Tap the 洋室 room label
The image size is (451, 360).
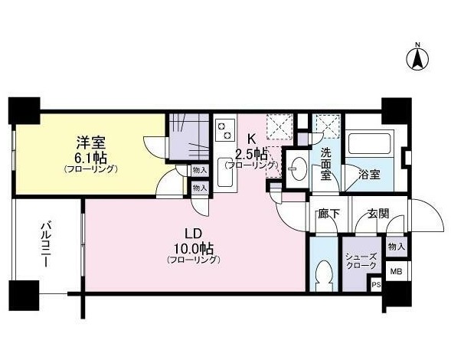(91, 142)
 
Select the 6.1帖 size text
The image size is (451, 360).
(91, 158)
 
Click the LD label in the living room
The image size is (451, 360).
(193, 234)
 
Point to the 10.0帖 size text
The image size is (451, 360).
(193, 248)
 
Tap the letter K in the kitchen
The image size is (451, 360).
(251, 139)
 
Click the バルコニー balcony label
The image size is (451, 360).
(45, 244)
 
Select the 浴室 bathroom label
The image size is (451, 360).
(369, 175)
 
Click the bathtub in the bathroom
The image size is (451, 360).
(369, 142)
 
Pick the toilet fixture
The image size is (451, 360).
(324, 276)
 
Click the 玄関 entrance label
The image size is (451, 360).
(378, 214)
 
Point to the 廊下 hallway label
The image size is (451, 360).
(329, 214)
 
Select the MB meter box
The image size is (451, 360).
(396, 271)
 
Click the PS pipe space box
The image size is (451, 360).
(377, 285)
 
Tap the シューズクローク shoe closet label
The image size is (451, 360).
(361, 261)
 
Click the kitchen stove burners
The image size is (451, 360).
(224, 131)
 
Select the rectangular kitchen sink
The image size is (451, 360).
(225, 172)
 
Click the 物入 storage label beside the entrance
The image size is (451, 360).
(397, 247)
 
